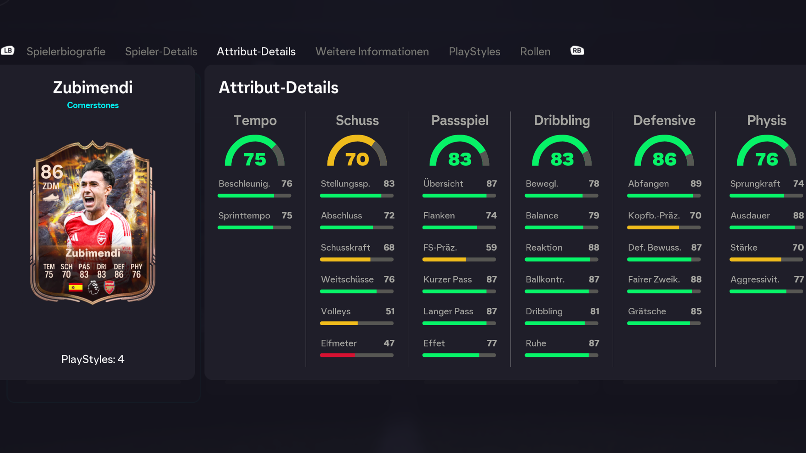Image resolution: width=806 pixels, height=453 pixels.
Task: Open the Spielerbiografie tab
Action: click(x=66, y=52)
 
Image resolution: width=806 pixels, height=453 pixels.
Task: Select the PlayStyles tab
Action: click(x=474, y=52)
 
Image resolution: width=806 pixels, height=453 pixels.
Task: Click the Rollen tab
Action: click(x=535, y=52)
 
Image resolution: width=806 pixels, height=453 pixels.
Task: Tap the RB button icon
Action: click(x=577, y=51)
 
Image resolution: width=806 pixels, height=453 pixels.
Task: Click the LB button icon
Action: click(x=8, y=51)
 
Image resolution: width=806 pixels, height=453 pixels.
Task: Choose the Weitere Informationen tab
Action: click(x=372, y=52)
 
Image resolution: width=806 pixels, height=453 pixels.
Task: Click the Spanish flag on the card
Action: click(x=76, y=287)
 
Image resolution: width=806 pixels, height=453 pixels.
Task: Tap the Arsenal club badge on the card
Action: click(x=109, y=287)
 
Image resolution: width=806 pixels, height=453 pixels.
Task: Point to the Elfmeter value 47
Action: click(x=389, y=343)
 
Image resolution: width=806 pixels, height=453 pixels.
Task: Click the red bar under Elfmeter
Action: click(x=337, y=355)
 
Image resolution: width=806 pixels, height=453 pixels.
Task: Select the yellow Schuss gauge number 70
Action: click(x=357, y=159)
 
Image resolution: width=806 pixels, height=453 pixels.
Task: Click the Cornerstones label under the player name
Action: click(x=93, y=105)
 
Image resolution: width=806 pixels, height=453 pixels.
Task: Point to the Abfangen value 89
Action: click(x=696, y=184)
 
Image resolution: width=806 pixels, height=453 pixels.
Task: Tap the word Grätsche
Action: click(x=647, y=311)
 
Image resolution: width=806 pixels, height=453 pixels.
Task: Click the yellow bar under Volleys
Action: click(x=339, y=323)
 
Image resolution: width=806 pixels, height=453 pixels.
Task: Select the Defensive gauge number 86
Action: click(x=664, y=159)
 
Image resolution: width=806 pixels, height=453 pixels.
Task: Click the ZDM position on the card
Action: click(x=51, y=186)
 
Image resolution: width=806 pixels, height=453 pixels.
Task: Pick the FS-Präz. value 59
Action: click(x=491, y=248)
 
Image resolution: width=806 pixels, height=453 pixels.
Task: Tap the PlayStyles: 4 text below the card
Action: click(x=93, y=359)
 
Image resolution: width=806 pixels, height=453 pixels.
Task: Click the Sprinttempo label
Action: click(x=244, y=216)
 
